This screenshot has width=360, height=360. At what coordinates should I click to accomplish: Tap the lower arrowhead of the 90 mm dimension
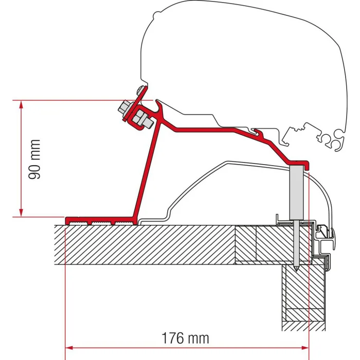(21, 212)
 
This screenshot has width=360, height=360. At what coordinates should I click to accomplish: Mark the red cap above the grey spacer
(298, 164)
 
